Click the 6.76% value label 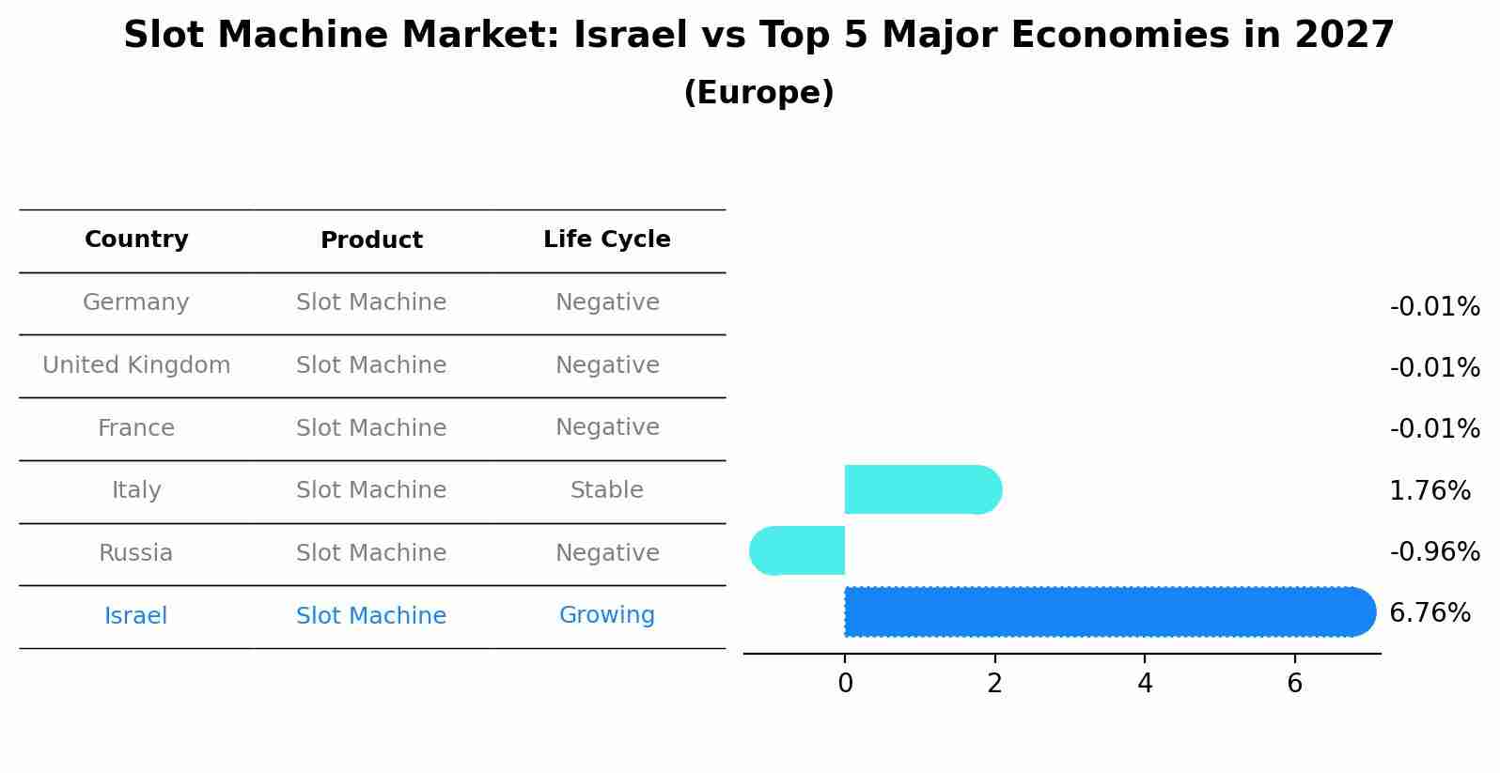pos(1430,613)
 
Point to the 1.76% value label pos(1430,491)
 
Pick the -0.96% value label pos(1434,552)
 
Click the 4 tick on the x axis pos(1145,684)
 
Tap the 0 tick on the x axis pos(845,684)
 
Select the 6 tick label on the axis pos(1294,684)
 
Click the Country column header pos(136,240)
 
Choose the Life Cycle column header pos(606,240)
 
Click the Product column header pos(371,240)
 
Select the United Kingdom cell pos(136,365)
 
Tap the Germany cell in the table pos(136,302)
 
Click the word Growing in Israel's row pos(606,615)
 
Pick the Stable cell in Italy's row pos(606,490)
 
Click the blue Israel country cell pos(136,616)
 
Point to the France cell pos(136,428)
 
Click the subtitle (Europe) pos(758,93)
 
